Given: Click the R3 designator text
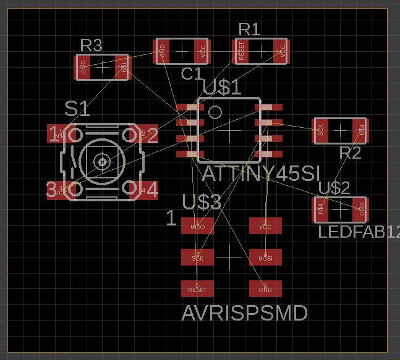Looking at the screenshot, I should pos(91,45).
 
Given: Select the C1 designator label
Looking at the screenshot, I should pos(192,74).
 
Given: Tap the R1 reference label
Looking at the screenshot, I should pos(249,29).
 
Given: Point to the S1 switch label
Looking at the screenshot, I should pos(77,109).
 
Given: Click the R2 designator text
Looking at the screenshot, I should pos(350,153).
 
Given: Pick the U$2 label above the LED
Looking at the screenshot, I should pos(334,188).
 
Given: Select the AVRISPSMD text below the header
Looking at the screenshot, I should pos(244,313).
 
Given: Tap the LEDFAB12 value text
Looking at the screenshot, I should pos(359,232).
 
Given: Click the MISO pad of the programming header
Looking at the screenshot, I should pos(197,225).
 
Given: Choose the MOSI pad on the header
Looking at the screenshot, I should pos(265,257).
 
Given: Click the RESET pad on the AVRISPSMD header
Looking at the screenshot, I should pos(197,288).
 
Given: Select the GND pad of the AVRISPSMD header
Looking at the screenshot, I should pos(265,288).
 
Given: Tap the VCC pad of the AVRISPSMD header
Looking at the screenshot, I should pos(265,225).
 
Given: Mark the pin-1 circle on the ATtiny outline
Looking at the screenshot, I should pos(215,112).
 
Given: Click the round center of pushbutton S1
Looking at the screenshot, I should pos(101,162).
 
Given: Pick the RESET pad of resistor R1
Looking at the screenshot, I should pos(241,51).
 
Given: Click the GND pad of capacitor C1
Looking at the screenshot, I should pos(163,51).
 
